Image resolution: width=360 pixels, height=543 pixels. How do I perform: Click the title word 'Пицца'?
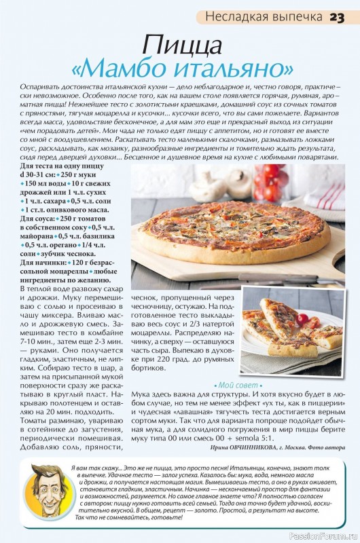[182, 45]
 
